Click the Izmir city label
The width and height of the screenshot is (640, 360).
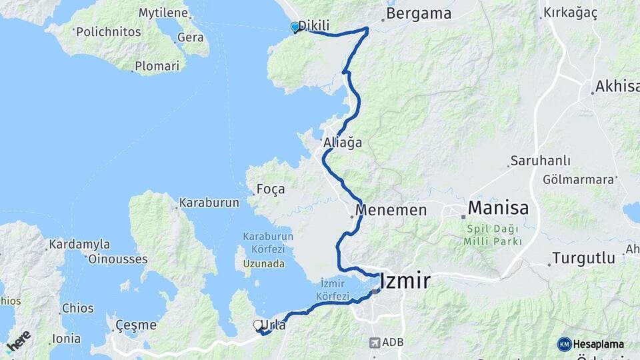[405, 281]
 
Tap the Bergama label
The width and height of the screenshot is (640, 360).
[419, 13]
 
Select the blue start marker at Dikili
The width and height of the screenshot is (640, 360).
[295, 27]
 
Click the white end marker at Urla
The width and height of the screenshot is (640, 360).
[258, 325]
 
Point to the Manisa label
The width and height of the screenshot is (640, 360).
[498, 208]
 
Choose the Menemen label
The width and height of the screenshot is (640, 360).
[391, 210]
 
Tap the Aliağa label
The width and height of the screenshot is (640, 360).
[342, 143]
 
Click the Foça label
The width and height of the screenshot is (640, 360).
[271, 189]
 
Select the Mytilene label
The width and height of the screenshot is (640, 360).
[164, 13]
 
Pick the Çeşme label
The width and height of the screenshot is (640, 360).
[135, 325]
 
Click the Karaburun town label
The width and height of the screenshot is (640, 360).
[209, 203]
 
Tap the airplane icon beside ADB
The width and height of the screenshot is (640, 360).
[375, 343]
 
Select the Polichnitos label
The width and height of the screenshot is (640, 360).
[108, 31]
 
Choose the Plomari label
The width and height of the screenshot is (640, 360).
[157, 66]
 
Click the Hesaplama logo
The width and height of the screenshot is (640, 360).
[591, 344]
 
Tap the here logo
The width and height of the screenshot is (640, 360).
[18, 341]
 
